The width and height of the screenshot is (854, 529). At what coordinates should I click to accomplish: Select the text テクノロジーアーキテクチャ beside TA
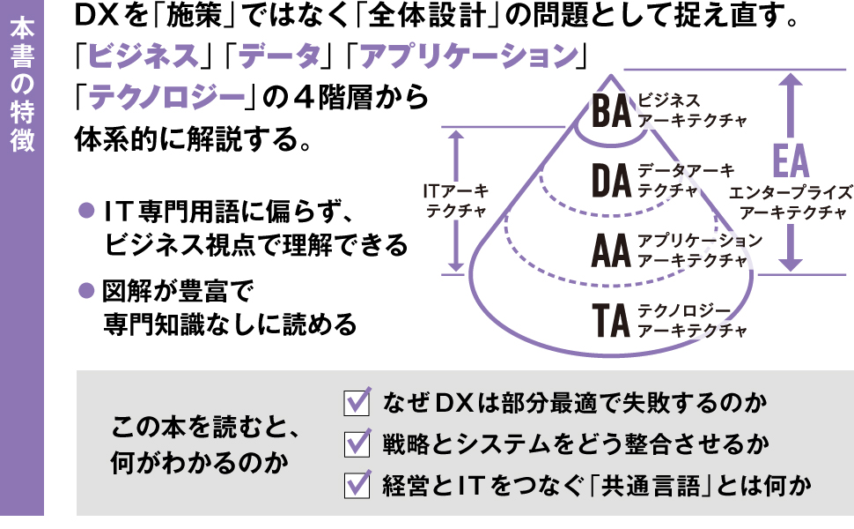(692, 321)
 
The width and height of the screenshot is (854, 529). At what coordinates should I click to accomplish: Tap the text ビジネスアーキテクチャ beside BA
(692, 109)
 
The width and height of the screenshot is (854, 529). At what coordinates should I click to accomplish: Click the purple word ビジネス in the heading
(142, 57)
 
